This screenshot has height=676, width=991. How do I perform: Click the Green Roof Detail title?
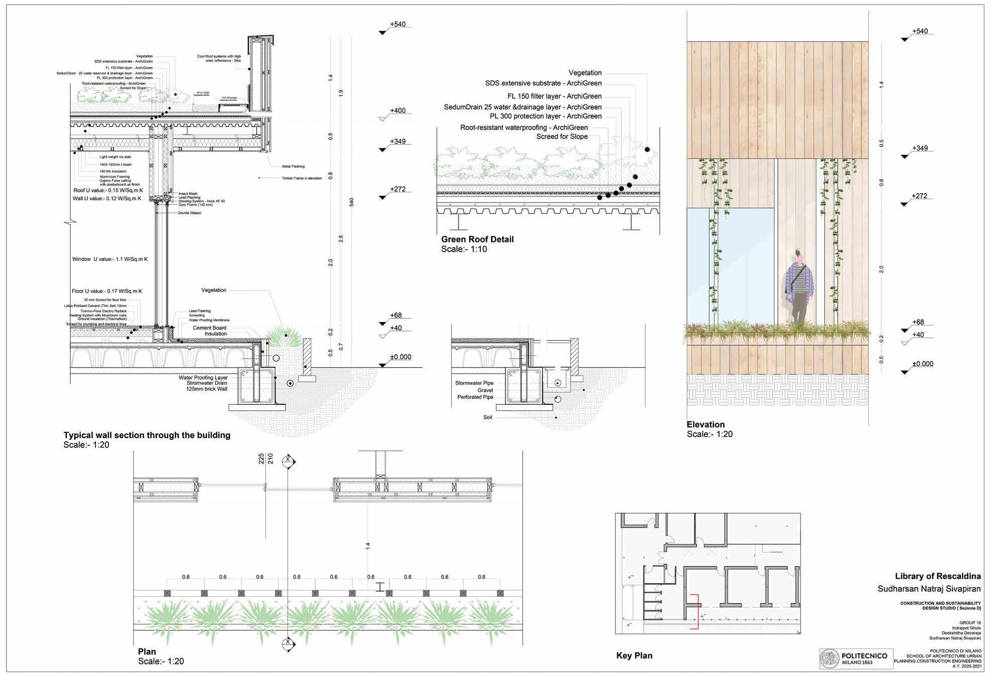[x=477, y=240]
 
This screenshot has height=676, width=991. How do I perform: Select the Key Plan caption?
[x=634, y=655]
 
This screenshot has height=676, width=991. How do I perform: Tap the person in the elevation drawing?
[x=798, y=286]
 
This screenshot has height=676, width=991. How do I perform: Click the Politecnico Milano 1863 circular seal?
[x=829, y=658]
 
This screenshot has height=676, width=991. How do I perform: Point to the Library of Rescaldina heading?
[x=937, y=577]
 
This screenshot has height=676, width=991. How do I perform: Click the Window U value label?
[x=109, y=259]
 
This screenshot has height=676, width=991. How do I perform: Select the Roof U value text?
[x=107, y=191]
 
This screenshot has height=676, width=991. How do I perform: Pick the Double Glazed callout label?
[x=189, y=213]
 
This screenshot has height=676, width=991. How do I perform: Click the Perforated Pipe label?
[x=475, y=397]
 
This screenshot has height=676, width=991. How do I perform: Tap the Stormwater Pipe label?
[x=474, y=383]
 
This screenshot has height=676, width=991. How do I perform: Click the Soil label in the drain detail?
[x=488, y=417]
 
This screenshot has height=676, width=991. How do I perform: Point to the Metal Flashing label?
[x=294, y=166]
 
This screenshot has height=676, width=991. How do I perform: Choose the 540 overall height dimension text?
[x=352, y=202]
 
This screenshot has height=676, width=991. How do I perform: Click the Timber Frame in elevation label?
[x=302, y=178]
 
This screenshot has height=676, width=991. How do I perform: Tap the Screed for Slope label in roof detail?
[x=562, y=137]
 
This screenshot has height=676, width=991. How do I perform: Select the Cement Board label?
[x=209, y=328]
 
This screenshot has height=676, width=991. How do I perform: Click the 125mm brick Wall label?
[x=206, y=389]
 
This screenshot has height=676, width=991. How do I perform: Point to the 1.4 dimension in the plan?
[x=368, y=545]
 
